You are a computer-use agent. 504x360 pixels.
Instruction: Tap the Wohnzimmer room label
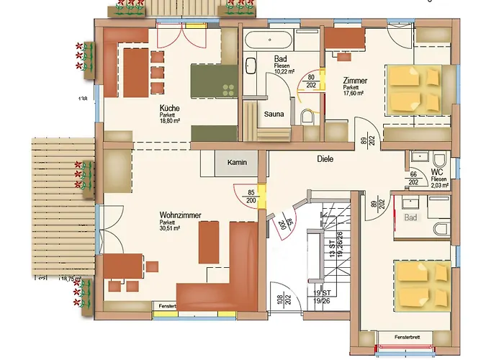point(180,215)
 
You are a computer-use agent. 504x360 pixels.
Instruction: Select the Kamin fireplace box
point(237,163)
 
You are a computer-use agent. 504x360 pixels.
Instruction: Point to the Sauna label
point(273,114)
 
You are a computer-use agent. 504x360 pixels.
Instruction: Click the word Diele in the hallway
point(325,159)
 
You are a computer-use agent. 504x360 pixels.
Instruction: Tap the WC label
point(436,172)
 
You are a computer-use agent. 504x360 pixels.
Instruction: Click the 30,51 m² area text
point(170,228)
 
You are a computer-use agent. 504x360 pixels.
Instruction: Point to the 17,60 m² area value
point(354,93)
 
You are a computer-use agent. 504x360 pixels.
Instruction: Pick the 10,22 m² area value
point(284,71)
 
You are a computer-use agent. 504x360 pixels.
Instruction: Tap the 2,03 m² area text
point(438,185)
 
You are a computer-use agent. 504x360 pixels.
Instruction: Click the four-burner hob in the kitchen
point(228,89)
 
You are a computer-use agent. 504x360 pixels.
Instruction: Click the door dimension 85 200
point(250,196)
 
